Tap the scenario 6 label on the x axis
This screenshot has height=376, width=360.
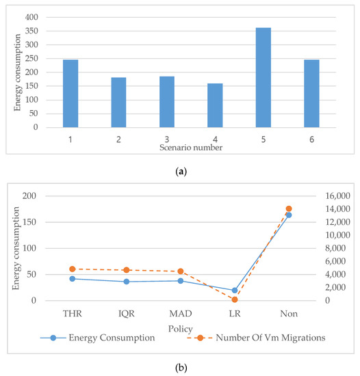pos(311,139)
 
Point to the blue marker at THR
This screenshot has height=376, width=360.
pos(72,278)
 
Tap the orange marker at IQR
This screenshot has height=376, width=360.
pos(126,270)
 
